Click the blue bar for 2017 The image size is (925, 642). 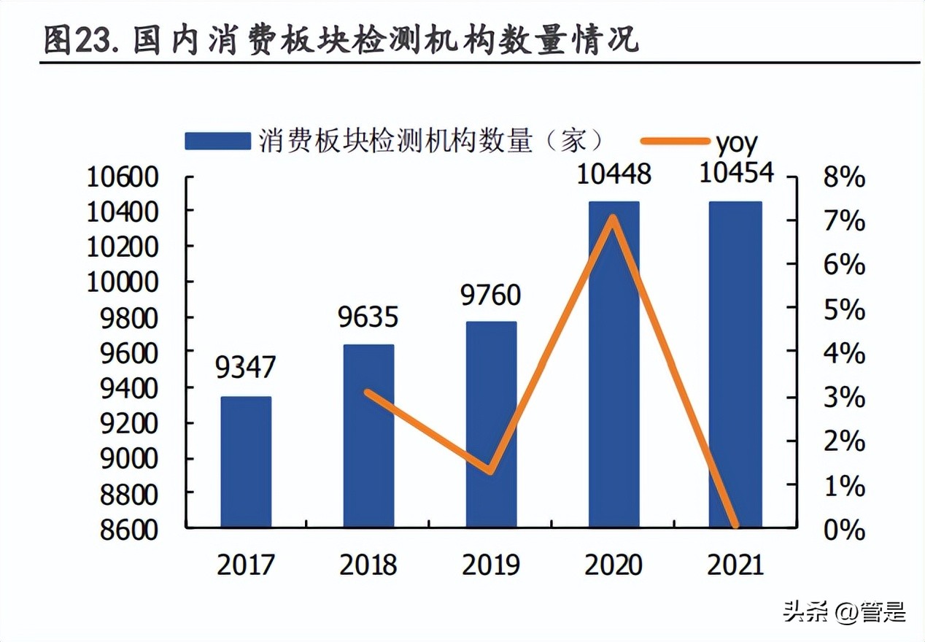(246, 461)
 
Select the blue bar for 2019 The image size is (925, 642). (492, 424)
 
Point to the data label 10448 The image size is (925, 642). (614, 174)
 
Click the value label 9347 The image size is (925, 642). (245, 368)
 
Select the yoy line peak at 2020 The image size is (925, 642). (614, 217)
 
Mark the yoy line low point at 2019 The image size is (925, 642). (491, 471)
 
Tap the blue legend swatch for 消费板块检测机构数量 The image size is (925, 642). (217, 141)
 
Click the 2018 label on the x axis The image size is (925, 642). (368, 565)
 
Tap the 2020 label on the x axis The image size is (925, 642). (614, 565)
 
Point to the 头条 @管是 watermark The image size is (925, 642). (844, 611)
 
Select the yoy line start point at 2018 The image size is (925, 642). (368, 392)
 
